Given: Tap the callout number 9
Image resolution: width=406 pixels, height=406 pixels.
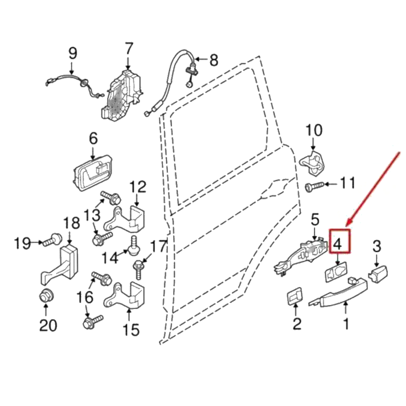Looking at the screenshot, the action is click(73, 53).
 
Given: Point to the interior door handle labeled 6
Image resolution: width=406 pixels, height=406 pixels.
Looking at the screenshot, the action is click(93, 173).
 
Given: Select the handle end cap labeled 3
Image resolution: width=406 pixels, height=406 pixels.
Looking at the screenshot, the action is click(378, 274).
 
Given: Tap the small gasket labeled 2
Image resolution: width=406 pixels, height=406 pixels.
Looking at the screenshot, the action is click(295, 296).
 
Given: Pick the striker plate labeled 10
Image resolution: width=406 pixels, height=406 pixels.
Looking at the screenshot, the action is click(313, 163).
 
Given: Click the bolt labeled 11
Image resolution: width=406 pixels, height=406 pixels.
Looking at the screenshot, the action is click(314, 186).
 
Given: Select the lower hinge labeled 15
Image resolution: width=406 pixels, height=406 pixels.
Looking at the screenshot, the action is click(125, 295).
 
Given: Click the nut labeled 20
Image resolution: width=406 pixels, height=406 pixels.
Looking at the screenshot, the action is click(46, 295).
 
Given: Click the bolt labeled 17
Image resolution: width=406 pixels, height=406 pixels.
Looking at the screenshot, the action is click(138, 269).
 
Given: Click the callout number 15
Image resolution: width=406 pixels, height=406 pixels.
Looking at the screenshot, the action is click(131, 329).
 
